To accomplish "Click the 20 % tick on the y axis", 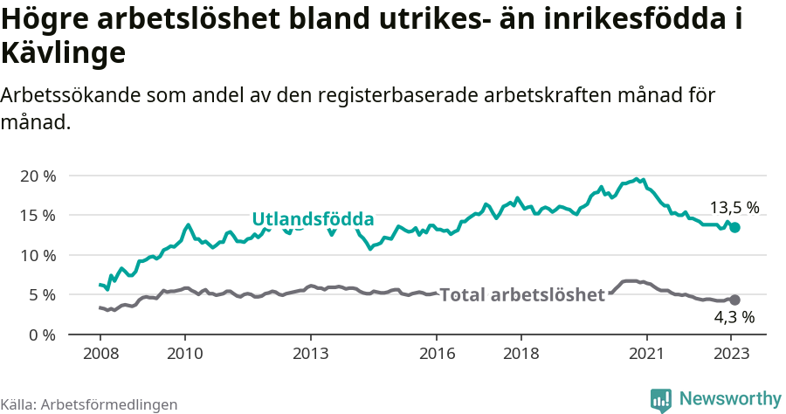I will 38,176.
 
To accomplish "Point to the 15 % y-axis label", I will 38,215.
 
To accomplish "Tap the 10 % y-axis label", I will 38,255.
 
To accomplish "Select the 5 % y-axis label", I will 42,294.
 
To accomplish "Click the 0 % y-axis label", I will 42,335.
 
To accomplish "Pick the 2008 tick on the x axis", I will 100,354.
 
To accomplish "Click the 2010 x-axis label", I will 184,354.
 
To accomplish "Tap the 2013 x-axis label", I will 310,354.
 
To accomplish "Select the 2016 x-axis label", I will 437,354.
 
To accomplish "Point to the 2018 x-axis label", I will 521,354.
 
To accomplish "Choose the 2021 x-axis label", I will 647,354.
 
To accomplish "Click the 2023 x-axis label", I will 731,354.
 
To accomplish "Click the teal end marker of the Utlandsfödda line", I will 734,227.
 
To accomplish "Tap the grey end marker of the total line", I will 734,300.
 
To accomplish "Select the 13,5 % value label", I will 734,208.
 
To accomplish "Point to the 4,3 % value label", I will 734,318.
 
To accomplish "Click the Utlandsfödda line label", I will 313,219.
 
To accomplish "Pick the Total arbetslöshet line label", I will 522,295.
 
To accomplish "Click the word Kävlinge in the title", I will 64,52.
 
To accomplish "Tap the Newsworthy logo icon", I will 660,400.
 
